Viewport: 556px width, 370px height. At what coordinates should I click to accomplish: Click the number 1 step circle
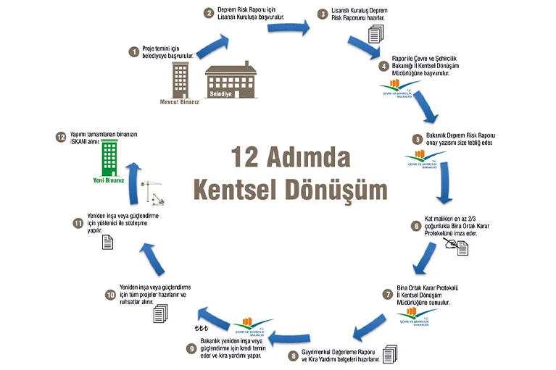click(x=133, y=51)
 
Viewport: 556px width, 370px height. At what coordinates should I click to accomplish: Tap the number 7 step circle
click(x=388, y=295)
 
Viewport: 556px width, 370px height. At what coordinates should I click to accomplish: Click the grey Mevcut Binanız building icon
click(x=181, y=79)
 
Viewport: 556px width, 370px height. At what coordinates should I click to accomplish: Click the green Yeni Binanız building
click(x=109, y=157)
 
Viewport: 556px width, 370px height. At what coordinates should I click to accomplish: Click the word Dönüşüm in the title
click(x=330, y=189)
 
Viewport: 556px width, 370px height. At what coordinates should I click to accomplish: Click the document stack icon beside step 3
click(x=375, y=33)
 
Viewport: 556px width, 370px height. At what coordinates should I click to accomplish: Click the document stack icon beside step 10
click(x=159, y=312)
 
